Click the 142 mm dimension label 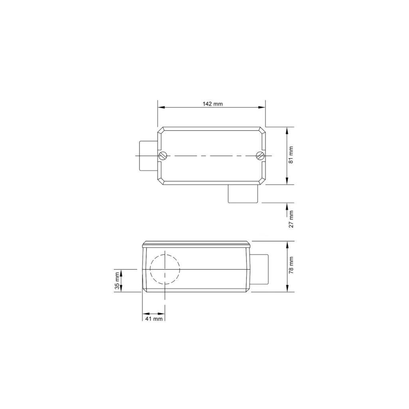pyautogui.click(x=212, y=104)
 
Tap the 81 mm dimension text pyautogui.click(x=291, y=155)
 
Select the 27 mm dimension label pyautogui.click(x=291, y=219)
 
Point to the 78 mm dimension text pyautogui.click(x=291, y=265)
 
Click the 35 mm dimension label pyautogui.click(x=117, y=281)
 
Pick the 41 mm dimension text pyautogui.click(x=154, y=319)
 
